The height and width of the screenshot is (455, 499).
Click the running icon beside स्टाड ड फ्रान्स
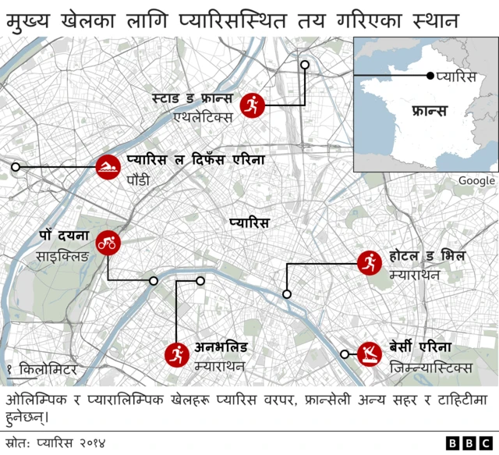251,105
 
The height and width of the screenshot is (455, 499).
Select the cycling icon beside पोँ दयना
107,244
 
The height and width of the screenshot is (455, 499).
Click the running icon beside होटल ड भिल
366,263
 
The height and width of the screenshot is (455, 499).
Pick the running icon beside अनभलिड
175,356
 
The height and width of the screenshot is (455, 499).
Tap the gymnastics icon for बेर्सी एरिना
368,354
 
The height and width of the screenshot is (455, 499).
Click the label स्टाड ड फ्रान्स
190,99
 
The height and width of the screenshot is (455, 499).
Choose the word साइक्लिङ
62,255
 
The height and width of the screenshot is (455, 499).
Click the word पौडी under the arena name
138,180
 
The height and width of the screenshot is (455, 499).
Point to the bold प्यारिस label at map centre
249,223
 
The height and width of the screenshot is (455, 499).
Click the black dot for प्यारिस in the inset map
430,76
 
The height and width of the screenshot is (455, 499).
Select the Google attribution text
476,180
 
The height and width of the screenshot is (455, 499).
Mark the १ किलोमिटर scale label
42,368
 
